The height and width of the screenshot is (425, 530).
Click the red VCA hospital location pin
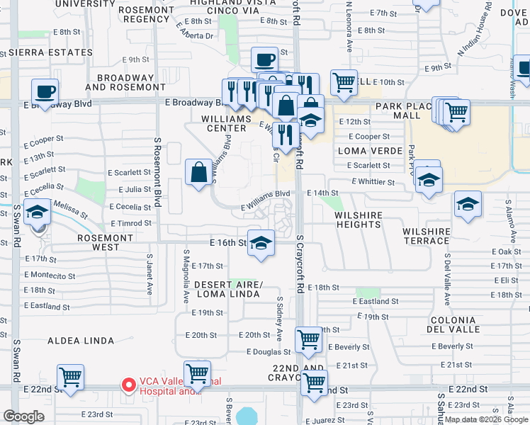[x=129, y=385]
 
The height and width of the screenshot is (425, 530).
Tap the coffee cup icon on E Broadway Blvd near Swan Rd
[x=45, y=91]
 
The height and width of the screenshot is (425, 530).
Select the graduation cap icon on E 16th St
[x=261, y=242]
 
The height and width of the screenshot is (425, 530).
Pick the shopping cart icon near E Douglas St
[x=309, y=340]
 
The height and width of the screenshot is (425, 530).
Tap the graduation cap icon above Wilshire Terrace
[x=468, y=205]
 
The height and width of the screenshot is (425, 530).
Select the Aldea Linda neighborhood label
[x=81, y=341]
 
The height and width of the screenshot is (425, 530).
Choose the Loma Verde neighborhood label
[x=360, y=151]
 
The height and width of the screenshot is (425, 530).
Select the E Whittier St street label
[x=372, y=182]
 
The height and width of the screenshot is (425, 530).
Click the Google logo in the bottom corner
[x=23, y=416]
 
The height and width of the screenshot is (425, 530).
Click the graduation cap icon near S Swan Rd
[x=37, y=212]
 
